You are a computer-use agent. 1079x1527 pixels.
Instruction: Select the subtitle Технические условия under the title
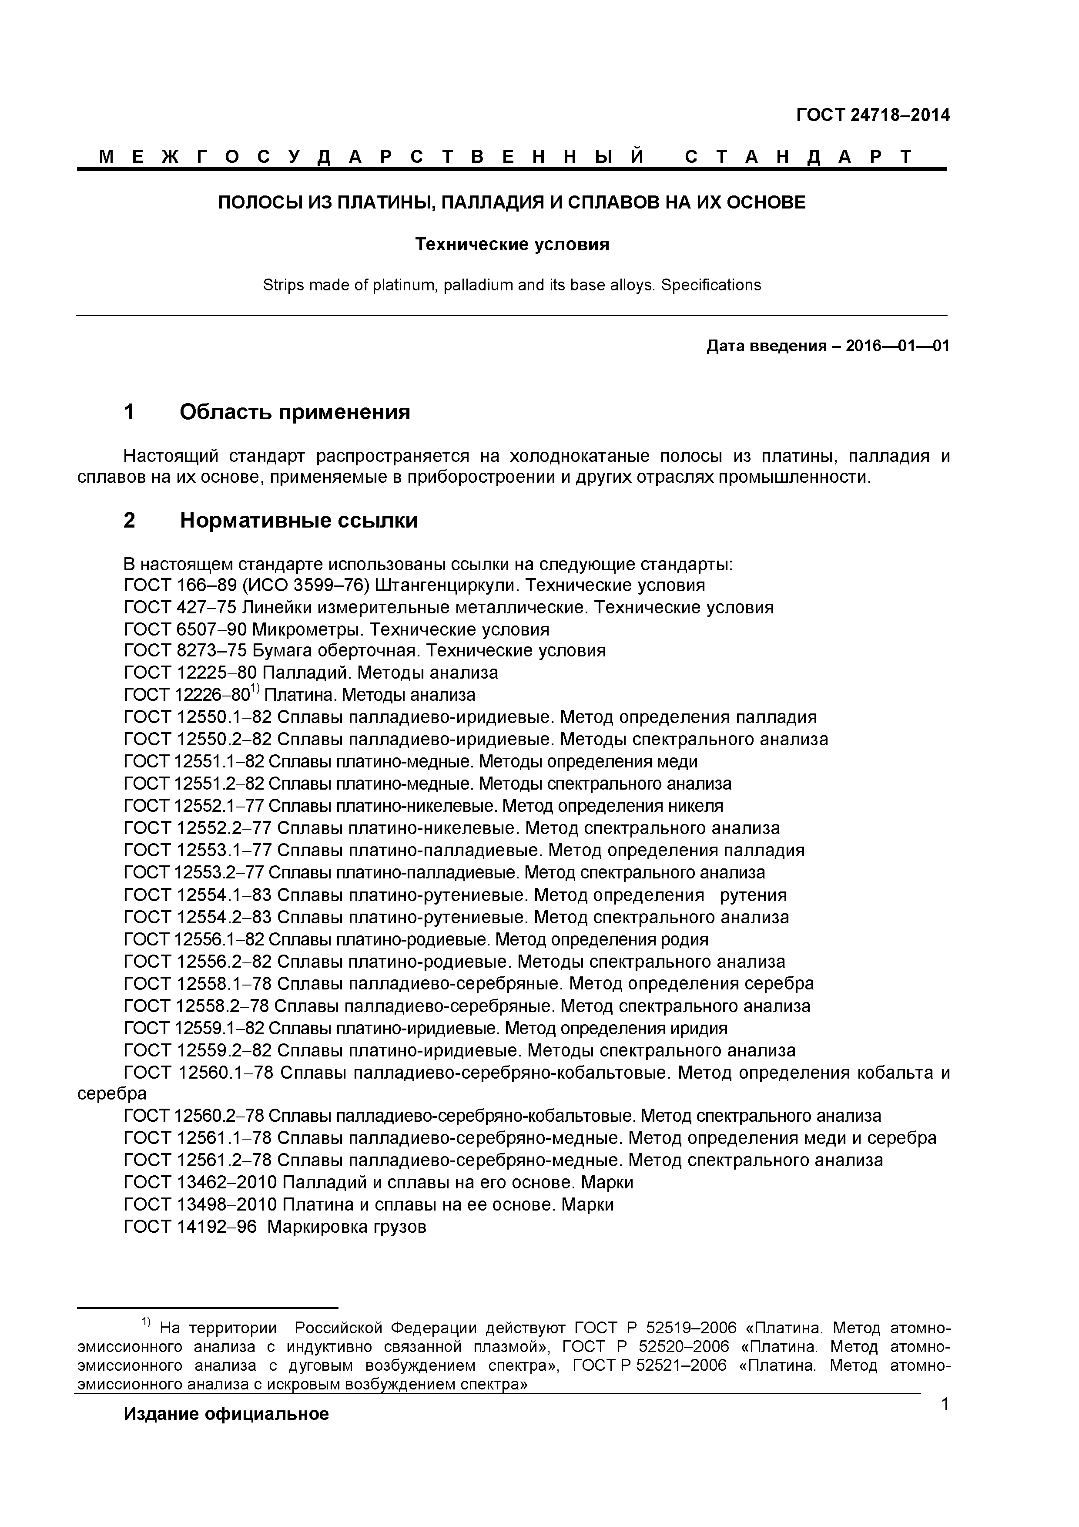coord(512,245)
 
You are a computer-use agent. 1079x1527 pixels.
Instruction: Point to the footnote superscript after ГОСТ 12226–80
coord(255,690)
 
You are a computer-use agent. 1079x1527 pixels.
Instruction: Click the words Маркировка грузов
coord(346,1226)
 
